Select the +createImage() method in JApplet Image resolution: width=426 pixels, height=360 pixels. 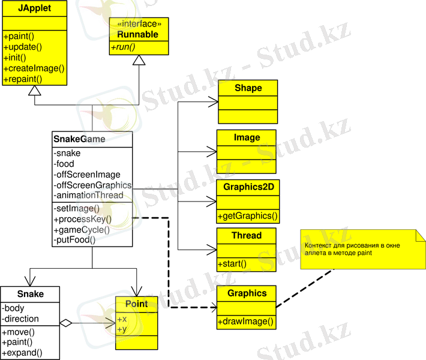pos(34,68)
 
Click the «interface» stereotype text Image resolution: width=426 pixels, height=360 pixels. pos(139,25)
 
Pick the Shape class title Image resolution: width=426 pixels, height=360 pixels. pos(248,88)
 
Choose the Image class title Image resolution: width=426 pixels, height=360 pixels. pos(247,137)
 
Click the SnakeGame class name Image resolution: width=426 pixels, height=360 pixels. pos(79,139)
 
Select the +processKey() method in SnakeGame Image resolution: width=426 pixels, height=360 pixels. pos(83,219)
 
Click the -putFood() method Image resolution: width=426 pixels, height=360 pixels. pos(75,240)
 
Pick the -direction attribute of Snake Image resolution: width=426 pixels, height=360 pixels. pos(21,319)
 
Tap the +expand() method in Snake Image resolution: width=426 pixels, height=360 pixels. pos(23,353)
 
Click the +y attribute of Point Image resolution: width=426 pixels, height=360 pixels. pos(122,329)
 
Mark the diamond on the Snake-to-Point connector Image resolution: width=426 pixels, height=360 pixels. pos(66,323)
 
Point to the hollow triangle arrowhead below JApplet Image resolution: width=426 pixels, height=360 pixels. pos(35,91)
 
